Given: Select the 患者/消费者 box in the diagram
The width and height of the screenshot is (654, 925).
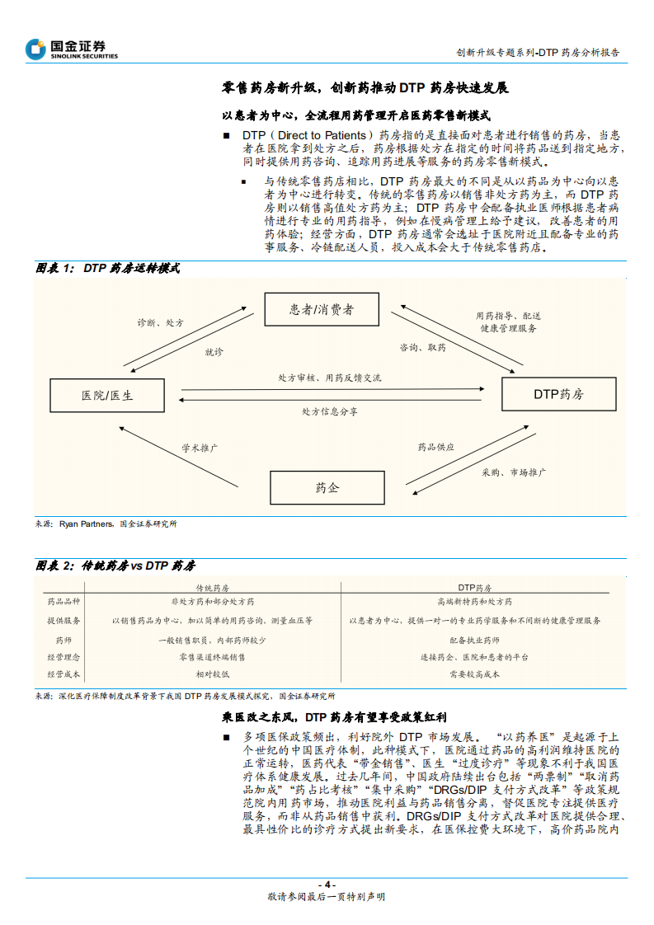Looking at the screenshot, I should pos(322,309).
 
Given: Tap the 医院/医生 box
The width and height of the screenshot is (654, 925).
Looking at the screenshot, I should pos(107,396).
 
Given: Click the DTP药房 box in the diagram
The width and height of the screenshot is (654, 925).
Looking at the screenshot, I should pos(558,394).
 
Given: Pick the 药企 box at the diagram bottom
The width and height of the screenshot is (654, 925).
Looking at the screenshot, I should pos(327,487).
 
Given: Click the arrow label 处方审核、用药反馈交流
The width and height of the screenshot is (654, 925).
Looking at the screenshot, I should pos(330,378).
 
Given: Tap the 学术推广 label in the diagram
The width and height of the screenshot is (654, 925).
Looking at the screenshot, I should pos(200,448).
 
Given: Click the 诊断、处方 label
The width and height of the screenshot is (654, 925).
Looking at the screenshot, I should pos(161,322).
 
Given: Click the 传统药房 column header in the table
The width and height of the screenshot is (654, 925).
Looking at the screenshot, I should pos(212,588).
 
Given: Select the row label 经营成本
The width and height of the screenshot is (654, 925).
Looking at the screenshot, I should pos(64,674).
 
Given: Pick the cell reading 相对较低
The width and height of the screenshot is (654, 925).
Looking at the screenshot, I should pos(212,674).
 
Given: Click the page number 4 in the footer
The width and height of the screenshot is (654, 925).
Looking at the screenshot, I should pos(327,885).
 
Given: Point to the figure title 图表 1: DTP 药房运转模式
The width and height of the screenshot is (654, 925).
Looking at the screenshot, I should pos(107,269).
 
